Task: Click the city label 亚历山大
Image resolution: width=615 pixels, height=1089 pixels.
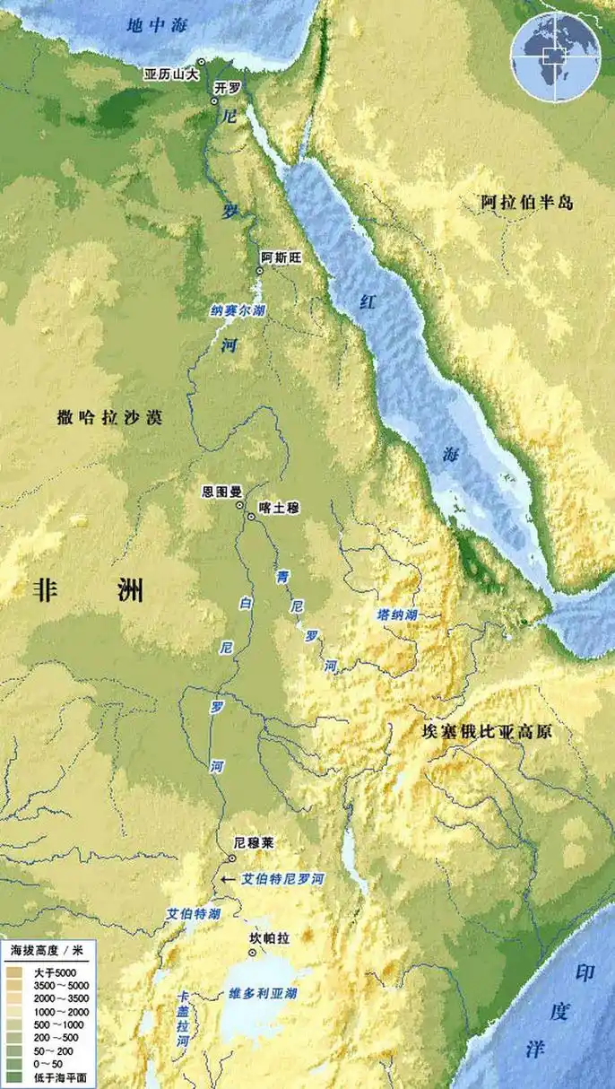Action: (170, 74)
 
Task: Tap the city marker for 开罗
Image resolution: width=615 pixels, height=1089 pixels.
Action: (214, 101)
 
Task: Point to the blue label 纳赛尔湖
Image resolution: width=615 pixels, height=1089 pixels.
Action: (238, 310)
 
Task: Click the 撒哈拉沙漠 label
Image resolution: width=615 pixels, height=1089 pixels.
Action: (108, 416)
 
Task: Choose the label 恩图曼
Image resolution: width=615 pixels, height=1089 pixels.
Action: (221, 492)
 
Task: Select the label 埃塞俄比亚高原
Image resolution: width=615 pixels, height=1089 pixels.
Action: (486, 732)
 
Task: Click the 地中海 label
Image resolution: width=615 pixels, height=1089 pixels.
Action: (156, 25)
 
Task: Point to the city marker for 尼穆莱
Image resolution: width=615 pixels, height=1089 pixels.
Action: (232, 858)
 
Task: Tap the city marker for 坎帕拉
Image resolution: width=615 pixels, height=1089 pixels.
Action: (253, 952)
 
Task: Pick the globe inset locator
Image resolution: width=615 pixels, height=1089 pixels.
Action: (555, 57)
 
